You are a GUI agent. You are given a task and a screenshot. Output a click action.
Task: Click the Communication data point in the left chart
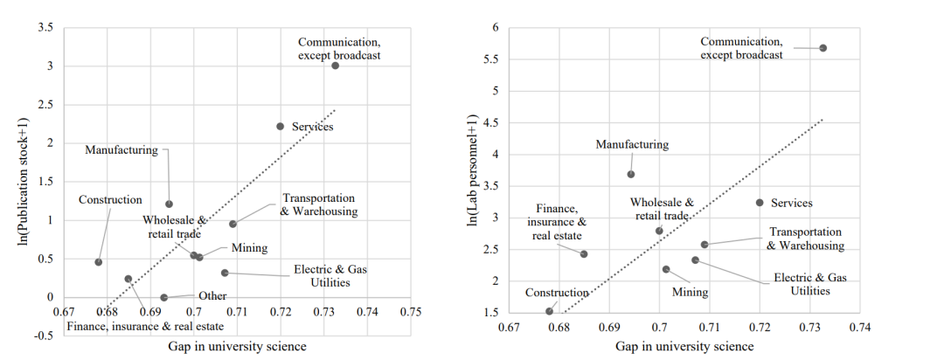(x=335, y=66)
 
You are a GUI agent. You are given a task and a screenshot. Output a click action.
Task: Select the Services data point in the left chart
(x=281, y=126)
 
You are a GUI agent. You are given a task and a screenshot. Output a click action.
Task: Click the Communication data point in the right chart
(x=823, y=48)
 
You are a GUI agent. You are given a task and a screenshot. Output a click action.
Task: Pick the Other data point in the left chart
(x=163, y=297)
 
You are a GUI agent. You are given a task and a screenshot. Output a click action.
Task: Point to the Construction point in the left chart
(x=99, y=262)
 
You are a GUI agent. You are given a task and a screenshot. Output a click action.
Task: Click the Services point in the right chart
(x=760, y=203)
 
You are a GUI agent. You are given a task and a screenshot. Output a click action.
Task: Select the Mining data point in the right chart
(x=666, y=269)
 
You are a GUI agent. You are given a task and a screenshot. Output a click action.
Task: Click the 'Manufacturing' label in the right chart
(x=631, y=145)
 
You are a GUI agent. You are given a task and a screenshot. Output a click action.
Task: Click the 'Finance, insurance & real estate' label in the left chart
(x=145, y=327)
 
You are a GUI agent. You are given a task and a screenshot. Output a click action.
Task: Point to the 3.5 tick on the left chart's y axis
(x=46, y=28)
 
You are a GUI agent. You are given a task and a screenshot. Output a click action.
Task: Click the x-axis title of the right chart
(x=684, y=346)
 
